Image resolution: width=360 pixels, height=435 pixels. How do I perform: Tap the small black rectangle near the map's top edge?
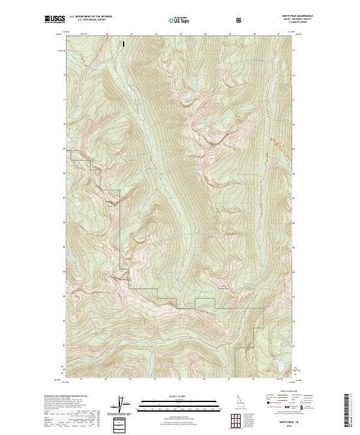[124, 44]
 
